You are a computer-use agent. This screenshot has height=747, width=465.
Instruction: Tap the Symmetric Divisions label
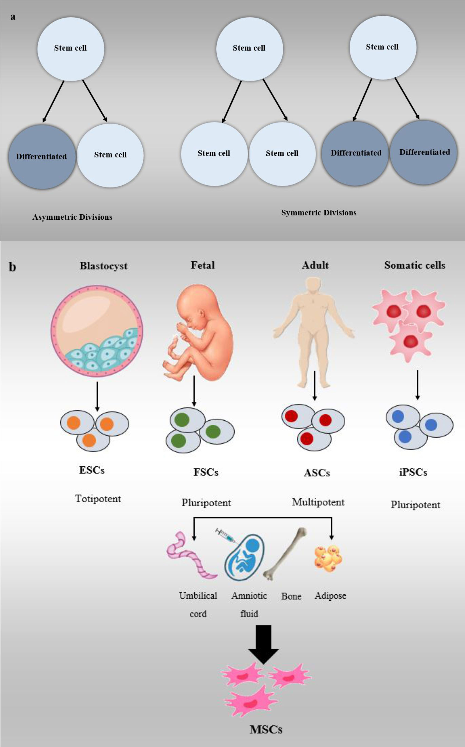(x=319, y=213)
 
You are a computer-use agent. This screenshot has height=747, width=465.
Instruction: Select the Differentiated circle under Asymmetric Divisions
(x=42, y=157)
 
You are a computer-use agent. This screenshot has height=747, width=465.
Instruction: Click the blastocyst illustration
(x=97, y=331)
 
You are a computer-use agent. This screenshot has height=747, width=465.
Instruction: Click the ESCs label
(x=92, y=470)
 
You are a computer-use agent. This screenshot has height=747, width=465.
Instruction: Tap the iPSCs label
(x=413, y=472)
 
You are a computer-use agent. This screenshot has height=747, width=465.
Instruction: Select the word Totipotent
(x=98, y=499)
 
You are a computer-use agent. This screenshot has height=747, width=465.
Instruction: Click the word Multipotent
(x=318, y=502)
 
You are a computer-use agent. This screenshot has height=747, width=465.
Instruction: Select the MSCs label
(x=266, y=729)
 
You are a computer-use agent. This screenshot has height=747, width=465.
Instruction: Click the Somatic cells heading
(x=415, y=265)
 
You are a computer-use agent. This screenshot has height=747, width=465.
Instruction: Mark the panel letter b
(x=12, y=267)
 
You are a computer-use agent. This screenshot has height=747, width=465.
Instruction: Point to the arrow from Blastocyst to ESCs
(x=97, y=396)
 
